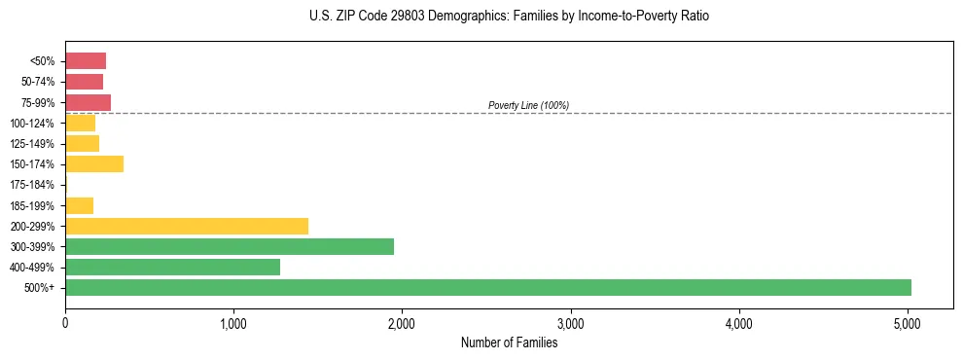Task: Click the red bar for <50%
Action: tap(86, 60)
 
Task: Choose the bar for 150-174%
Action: tap(94, 163)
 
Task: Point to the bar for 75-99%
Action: tap(88, 102)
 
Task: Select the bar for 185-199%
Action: tap(79, 205)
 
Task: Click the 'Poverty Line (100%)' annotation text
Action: tap(528, 105)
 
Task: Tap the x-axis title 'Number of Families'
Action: tap(509, 342)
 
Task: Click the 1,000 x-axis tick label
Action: tap(233, 323)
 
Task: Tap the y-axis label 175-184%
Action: tap(32, 185)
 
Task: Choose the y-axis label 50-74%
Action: tap(37, 82)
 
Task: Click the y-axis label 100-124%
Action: tap(32, 123)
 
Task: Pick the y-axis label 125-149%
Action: tap(32, 143)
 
